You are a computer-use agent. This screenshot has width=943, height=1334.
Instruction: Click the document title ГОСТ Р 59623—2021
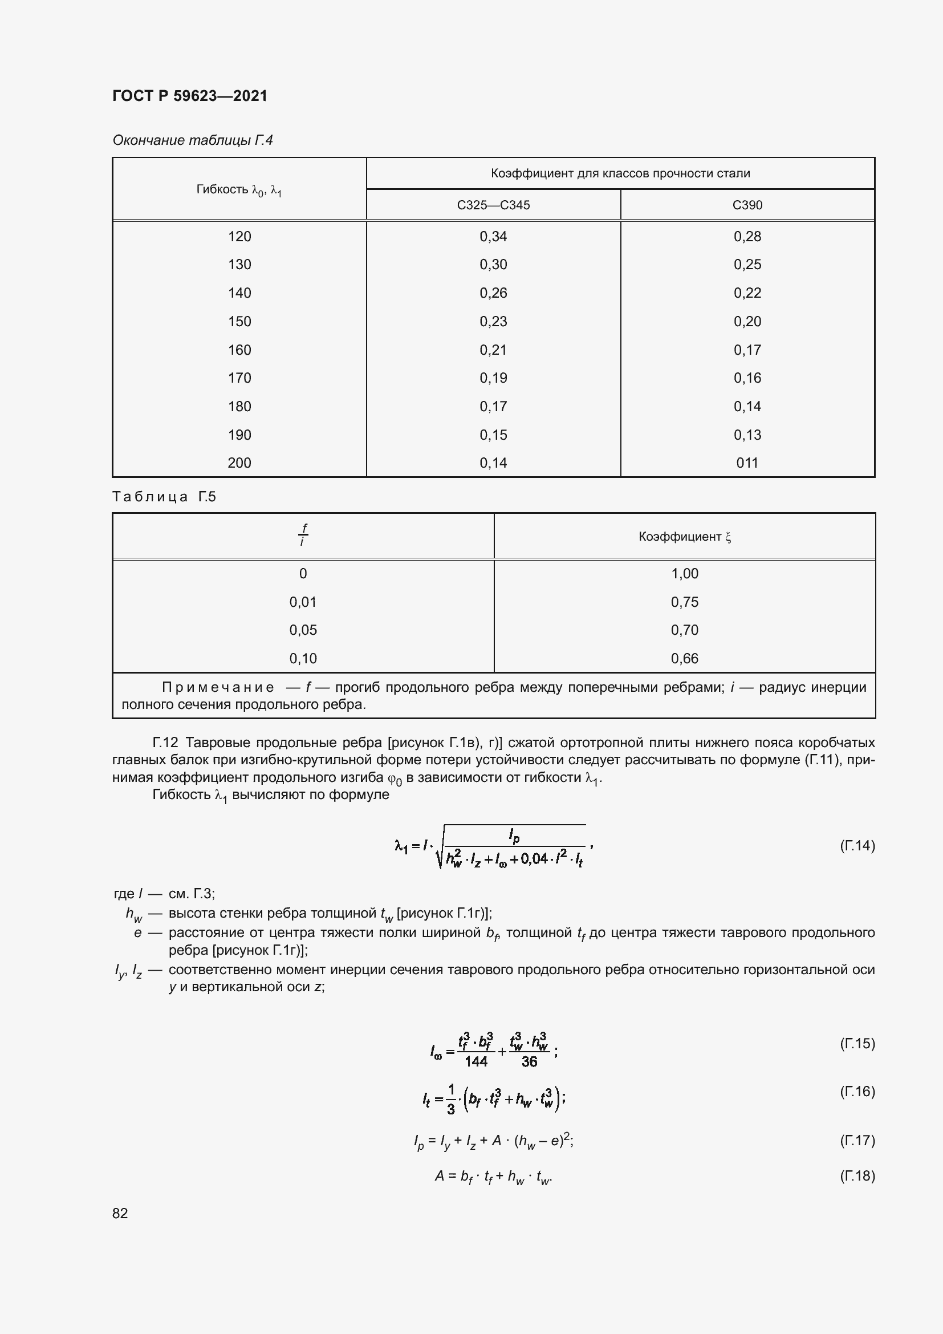(x=190, y=96)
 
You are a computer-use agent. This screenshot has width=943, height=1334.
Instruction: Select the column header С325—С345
(x=493, y=205)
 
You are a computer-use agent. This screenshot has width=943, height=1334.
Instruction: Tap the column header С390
(x=747, y=205)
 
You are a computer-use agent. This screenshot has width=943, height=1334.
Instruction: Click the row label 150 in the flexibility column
(x=239, y=321)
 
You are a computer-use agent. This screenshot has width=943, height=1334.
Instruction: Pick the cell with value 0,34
(x=493, y=237)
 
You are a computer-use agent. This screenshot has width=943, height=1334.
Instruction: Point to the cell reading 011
(x=747, y=463)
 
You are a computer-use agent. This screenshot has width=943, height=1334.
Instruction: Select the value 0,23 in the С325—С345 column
(x=493, y=321)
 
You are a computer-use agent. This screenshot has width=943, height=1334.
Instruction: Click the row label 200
(x=239, y=463)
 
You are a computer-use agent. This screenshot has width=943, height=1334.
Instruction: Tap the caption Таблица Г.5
(x=164, y=497)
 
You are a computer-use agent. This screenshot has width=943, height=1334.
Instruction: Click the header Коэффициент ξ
(x=684, y=537)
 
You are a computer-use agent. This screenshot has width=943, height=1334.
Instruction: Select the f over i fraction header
(x=303, y=535)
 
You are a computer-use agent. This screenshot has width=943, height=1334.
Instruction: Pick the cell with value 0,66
(x=684, y=658)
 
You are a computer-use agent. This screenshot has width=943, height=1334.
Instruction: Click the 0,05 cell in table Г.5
(x=303, y=630)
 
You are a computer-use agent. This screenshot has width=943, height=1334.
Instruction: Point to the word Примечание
(x=218, y=687)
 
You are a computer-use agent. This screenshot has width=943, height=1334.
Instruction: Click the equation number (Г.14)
(x=857, y=845)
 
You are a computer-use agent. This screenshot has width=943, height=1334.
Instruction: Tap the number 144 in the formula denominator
(x=475, y=1061)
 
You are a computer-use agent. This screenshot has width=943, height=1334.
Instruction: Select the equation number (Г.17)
(x=857, y=1141)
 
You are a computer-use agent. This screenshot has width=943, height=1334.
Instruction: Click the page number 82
(x=120, y=1213)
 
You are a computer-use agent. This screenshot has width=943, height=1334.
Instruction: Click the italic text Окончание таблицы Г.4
(x=192, y=140)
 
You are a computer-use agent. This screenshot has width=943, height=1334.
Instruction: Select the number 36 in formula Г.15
(x=529, y=1061)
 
